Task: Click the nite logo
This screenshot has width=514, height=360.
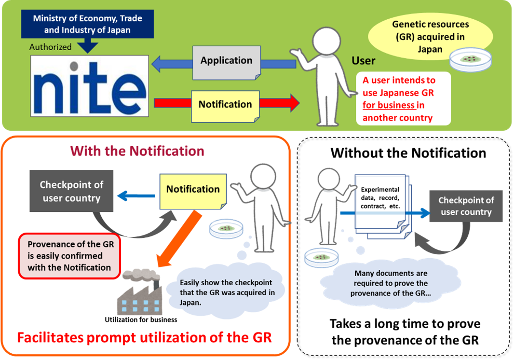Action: pyautogui.click(x=90, y=86)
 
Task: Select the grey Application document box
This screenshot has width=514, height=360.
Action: pyautogui.click(x=227, y=63)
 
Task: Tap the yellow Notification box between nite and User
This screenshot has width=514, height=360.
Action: pyautogui.click(x=225, y=106)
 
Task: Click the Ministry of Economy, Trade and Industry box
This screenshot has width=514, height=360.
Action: pyautogui.click(x=88, y=24)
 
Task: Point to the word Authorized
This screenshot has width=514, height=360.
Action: pyautogui.click(x=51, y=47)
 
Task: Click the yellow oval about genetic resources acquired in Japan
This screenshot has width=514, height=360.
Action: pyautogui.click(x=430, y=36)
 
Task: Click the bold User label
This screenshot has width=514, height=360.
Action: pyautogui.click(x=363, y=61)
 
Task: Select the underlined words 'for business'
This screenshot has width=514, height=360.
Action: pyautogui.click(x=389, y=105)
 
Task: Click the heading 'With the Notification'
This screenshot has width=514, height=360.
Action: pyautogui.click(x=137, y=151)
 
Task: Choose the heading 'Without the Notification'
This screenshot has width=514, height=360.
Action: pyautogui.click(x=408, y=153)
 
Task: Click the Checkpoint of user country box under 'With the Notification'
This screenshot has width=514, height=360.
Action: pyautogui.click(x=71, y=191)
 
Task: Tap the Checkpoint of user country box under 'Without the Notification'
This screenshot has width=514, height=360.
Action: pyautogui.click(x=466, y=206)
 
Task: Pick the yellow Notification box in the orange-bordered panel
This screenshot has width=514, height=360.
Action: pyautogui.click(x=193, y=191)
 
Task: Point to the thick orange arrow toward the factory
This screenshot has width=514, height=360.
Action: pyautogui.click(x=179, y=238)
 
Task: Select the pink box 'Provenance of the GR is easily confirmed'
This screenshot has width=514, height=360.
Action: pyautogui.click(x=69, y=256)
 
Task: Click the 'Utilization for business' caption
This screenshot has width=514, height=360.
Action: pyautogui.click(x=141, y=319)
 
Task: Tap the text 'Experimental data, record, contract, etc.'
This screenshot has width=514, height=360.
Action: pyautogui.click(x=380, y=198)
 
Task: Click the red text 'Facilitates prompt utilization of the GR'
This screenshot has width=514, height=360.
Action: pyautogui.click(x=144, y=337)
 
